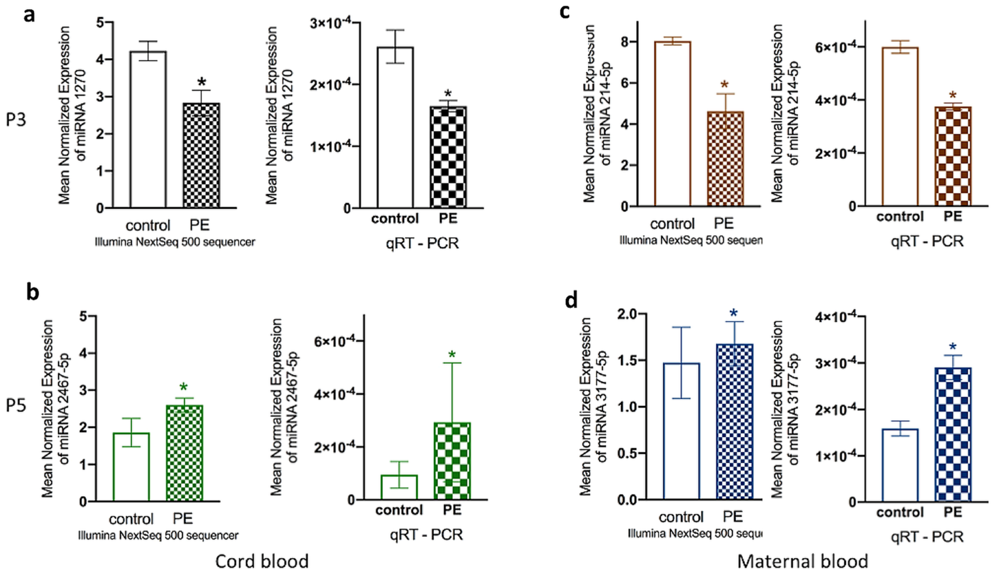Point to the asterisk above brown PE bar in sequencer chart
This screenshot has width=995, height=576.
(725, 85)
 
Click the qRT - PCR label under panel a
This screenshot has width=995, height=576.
(423, 243)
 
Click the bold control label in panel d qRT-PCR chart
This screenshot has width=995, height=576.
(900, 513)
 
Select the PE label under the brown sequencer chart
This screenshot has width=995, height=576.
(724, 223)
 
